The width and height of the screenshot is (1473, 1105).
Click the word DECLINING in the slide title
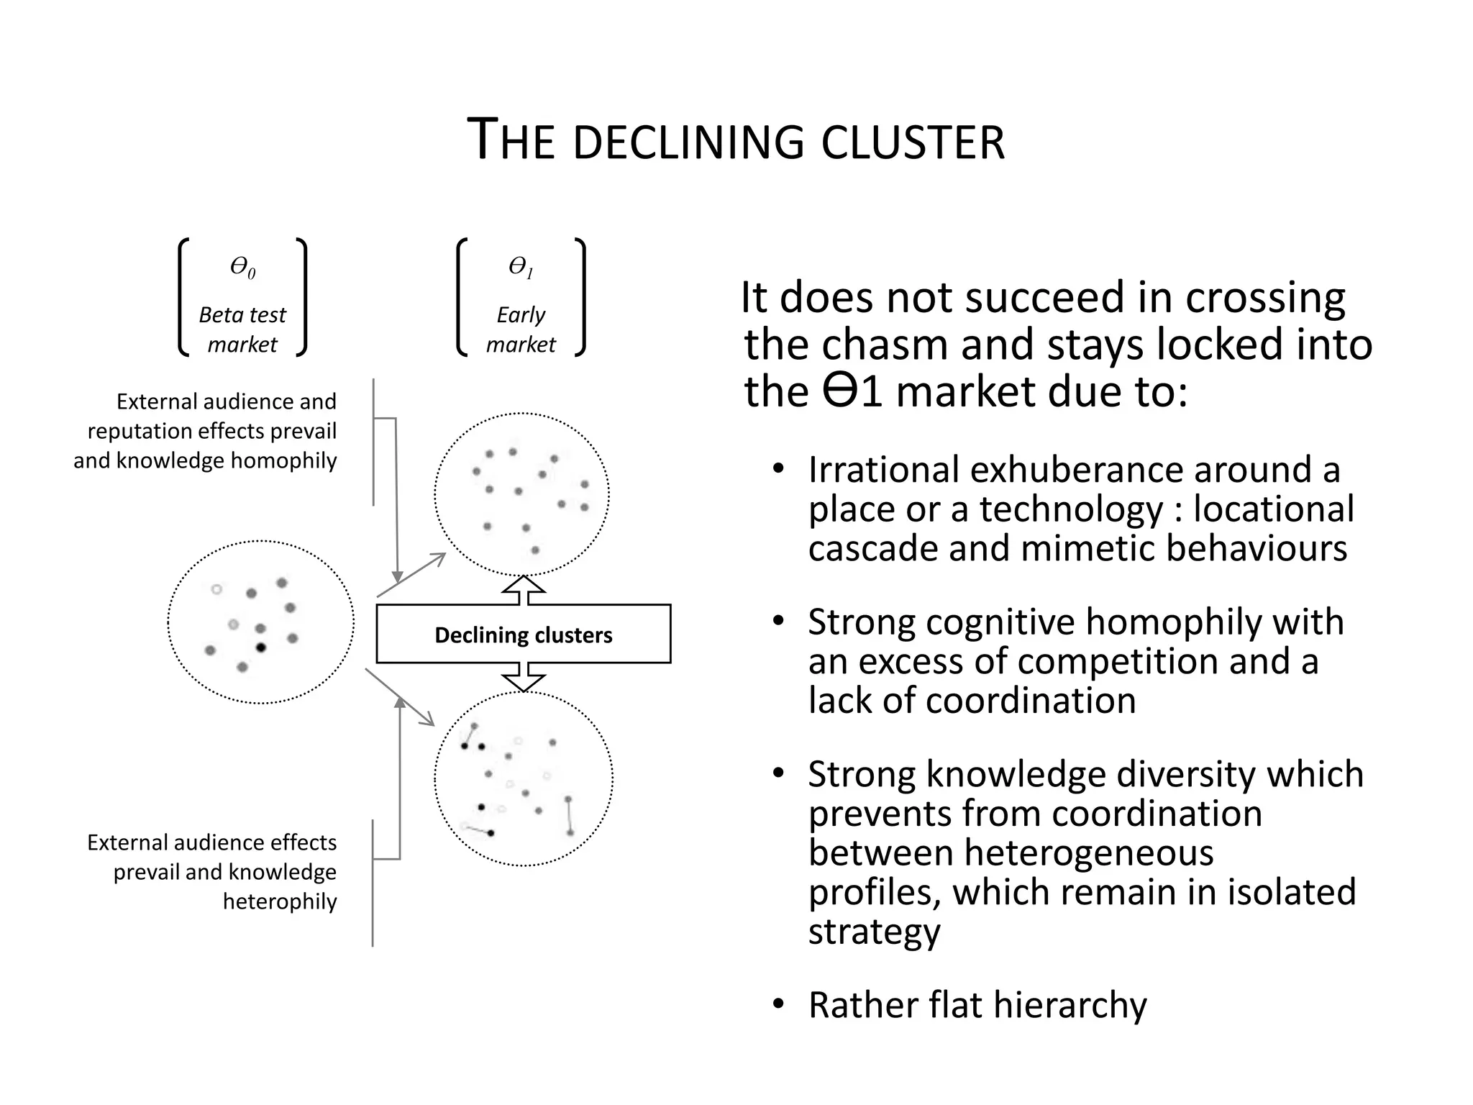click(688, 142)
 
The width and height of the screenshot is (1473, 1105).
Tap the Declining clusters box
click(523, 634)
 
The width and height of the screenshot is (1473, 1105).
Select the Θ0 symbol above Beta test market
click(242, 268)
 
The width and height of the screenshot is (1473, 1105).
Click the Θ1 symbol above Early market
click(520, 267)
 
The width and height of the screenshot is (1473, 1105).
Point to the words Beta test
click(242, 315)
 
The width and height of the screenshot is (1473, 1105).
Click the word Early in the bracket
click(520, 315)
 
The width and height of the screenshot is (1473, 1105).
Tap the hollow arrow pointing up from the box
click(523, 589)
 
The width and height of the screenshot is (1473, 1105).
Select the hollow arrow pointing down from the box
click(523, 678)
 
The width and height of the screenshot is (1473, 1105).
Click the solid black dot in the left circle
click(261, 647)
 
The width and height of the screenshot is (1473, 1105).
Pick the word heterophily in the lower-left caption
click(280, 901)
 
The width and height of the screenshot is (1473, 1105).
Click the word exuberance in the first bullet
click(1077, 470)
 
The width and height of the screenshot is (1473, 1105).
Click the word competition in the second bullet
click(1113, 661)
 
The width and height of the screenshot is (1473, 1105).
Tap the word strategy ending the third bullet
click(874, 931)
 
